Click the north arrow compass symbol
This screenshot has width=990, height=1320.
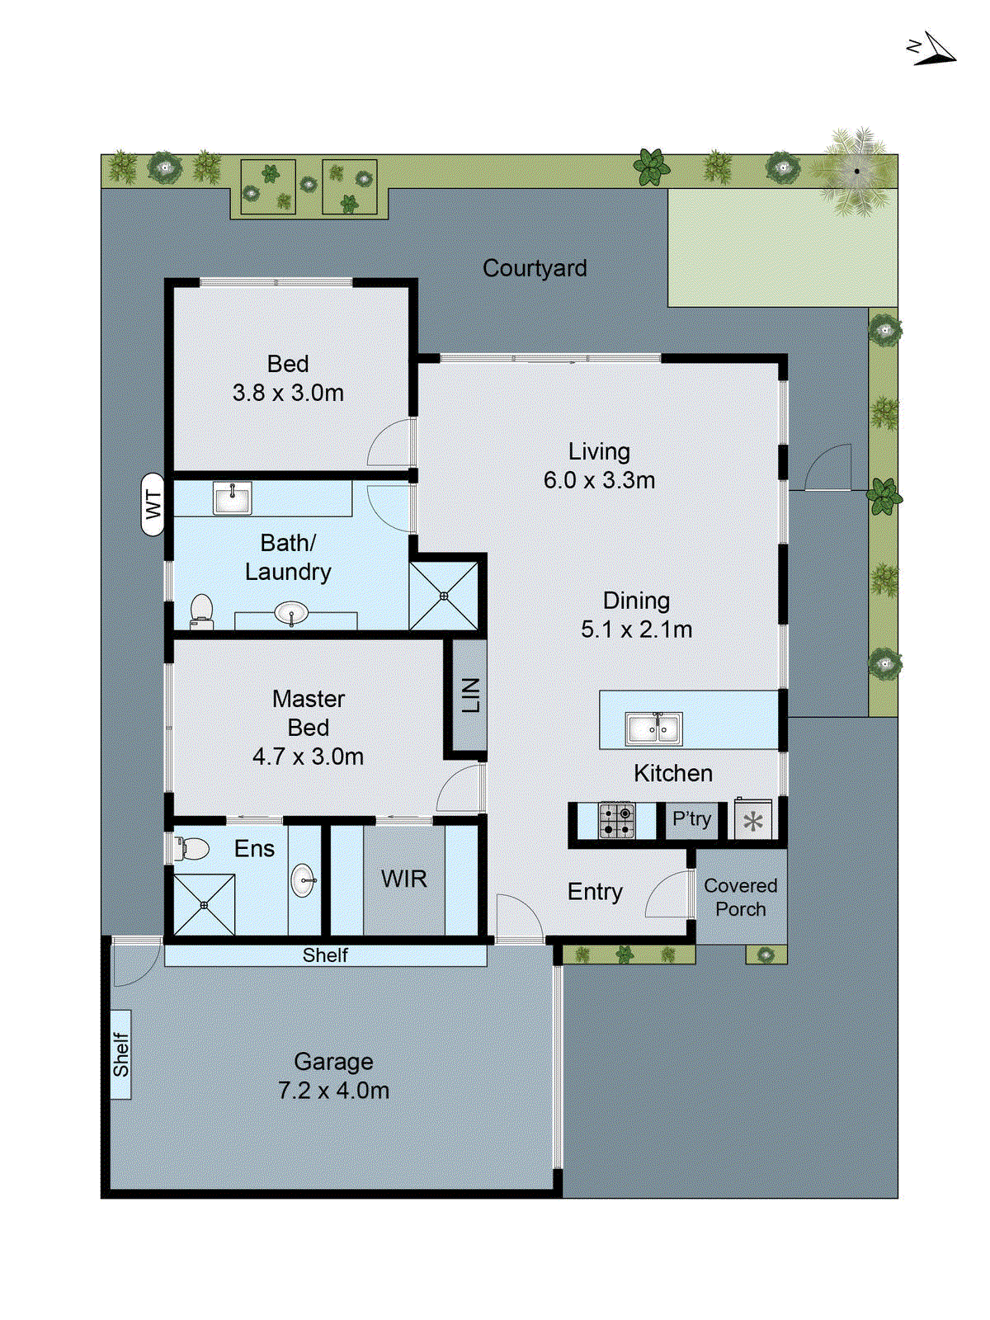click(x=932, y=49)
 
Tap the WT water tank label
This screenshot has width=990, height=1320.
click(x=153, y=504)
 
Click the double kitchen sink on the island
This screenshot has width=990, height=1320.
click(x=653, y=728)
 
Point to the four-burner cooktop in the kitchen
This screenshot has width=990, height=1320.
click(x=616, y=821)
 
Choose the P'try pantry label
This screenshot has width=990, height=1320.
click(x=691, y=819)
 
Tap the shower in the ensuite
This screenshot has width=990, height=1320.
click(x=204, y=905)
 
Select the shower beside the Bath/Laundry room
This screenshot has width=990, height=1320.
click(x=444, y=596)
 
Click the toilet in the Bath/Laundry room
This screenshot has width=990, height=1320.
click(x=201, y=611)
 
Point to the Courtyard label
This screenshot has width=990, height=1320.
click(x=535, y=268)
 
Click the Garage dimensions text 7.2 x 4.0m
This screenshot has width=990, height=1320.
click(x=333, y=1091)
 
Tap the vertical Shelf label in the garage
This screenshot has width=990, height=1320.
click(x=121, y=1054)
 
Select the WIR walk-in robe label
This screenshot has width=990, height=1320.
click(x=404, y=879)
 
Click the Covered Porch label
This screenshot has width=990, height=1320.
click(x=740, y=897)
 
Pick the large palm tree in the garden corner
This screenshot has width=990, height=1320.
click(x=856, y=172)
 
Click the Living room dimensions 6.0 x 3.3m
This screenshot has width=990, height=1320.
click(x=599, y=480)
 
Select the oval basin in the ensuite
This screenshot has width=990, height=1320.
click(x=303, y=880)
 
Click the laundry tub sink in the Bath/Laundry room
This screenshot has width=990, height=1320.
click(x=233, y=498)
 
